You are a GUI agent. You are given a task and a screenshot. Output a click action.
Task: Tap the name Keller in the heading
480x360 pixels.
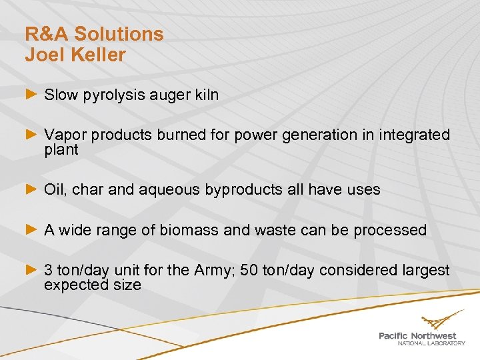click(x=95, y=55)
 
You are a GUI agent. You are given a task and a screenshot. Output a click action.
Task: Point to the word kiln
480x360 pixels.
click(x=205, y=95)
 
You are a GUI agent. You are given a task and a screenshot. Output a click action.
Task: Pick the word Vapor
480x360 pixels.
click(x=65, y=135)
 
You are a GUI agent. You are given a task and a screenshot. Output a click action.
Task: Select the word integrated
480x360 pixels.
click(x=415, y=135)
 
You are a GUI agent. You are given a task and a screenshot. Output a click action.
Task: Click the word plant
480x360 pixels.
click(x=61, y=150)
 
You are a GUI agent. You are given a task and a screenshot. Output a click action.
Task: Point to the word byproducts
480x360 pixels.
click(x=245, y=190)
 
